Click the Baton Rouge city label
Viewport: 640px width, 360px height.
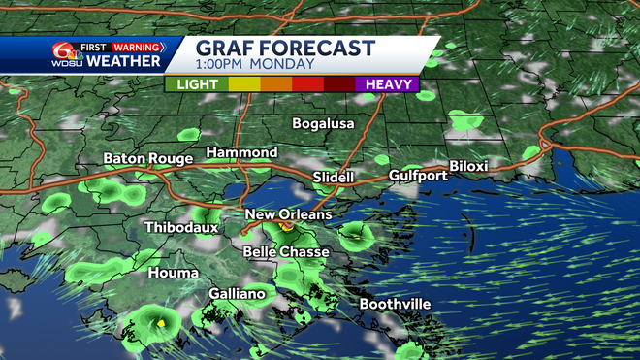(x=144, y=158)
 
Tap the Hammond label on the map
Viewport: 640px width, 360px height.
(x=241, y=153)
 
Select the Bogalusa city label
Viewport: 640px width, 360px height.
(x=324, y=124)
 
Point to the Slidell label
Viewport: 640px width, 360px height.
(x=334, y=178)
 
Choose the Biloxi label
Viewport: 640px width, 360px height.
(x=468, y=167)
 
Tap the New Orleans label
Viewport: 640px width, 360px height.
(x=289, y=214)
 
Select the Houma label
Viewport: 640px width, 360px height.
(x=174, y=273)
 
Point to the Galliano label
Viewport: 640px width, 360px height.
(x=238, y=294)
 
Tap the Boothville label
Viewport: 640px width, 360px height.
(x=396, y=304)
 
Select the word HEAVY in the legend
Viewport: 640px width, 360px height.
(x=387, y=84)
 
